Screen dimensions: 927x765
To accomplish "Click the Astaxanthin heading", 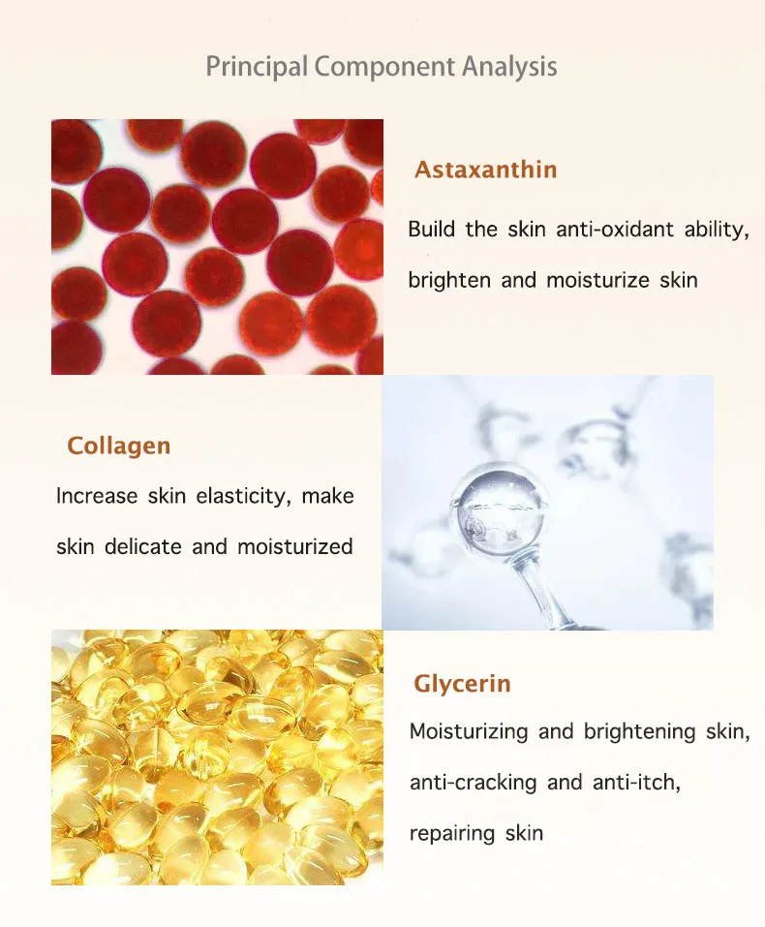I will [486, 170].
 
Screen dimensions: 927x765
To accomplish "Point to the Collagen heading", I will [118, 447].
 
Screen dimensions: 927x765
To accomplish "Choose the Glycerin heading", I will [462, 684].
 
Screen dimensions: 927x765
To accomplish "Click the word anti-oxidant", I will [607, 230].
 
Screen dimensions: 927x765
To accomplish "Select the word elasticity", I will [242, 497].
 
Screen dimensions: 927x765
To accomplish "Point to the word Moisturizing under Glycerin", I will [467, 731].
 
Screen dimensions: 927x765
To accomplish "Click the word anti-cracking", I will [472, 782].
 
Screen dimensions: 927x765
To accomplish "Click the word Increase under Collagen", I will [97, 497].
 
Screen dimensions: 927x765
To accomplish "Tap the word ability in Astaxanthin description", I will [716, 230].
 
